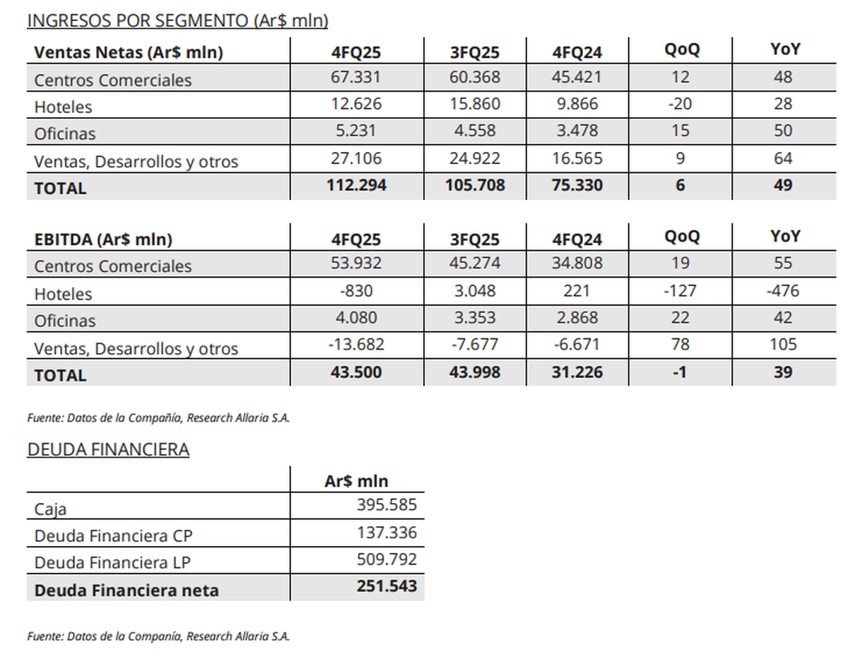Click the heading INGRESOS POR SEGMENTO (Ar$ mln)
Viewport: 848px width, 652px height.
click(x=177, y=20)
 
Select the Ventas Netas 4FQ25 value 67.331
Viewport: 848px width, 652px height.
click(x=356, y=77)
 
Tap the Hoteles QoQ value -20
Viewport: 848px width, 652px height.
click(x=680, y=104)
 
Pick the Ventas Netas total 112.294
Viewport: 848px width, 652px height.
click(x=356, y=186)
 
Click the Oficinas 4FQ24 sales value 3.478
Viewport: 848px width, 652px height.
click(x=577, y=131)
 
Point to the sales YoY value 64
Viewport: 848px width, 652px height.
click(x=783, y=158)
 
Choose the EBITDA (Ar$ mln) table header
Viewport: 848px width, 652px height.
click(x=103, y=239)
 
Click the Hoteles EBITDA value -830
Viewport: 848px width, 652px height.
click(x=356, y=290)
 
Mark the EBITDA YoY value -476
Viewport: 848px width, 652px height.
click(x=783, y=290)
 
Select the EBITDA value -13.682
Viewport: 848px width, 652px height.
click(x=356, y=345)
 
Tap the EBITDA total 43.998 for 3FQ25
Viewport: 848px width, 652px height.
click(x=475, y=372)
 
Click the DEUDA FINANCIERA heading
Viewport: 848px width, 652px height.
click(x=108, y=449)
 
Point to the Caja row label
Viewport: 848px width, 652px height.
click(x=50, y=509)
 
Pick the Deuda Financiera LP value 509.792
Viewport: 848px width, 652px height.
click(x=387, y=560)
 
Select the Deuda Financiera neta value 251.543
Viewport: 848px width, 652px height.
click(x=386, y=587)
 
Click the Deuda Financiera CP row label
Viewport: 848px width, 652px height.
click(x=113, y=535)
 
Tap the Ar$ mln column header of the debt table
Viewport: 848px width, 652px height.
click(x=356, y=481)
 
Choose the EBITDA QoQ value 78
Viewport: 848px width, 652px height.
click(x=680, y=345)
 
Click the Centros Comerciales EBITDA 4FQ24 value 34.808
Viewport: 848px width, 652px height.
click(x=577, y=263)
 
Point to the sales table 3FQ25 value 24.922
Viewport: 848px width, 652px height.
click(x=475, y=158)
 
